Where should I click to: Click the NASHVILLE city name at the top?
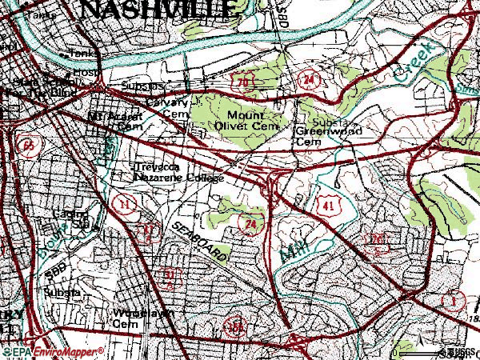coord(160,10)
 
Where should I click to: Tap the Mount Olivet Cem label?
coord(250,119)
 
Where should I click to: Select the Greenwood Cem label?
coord(329,135)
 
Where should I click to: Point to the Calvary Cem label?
coord(166,108)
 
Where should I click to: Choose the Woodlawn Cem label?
coord(142,318)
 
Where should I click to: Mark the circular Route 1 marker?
coord(454,301)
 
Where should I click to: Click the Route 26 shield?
coord(376,238)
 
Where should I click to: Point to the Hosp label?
coord(84,72)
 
